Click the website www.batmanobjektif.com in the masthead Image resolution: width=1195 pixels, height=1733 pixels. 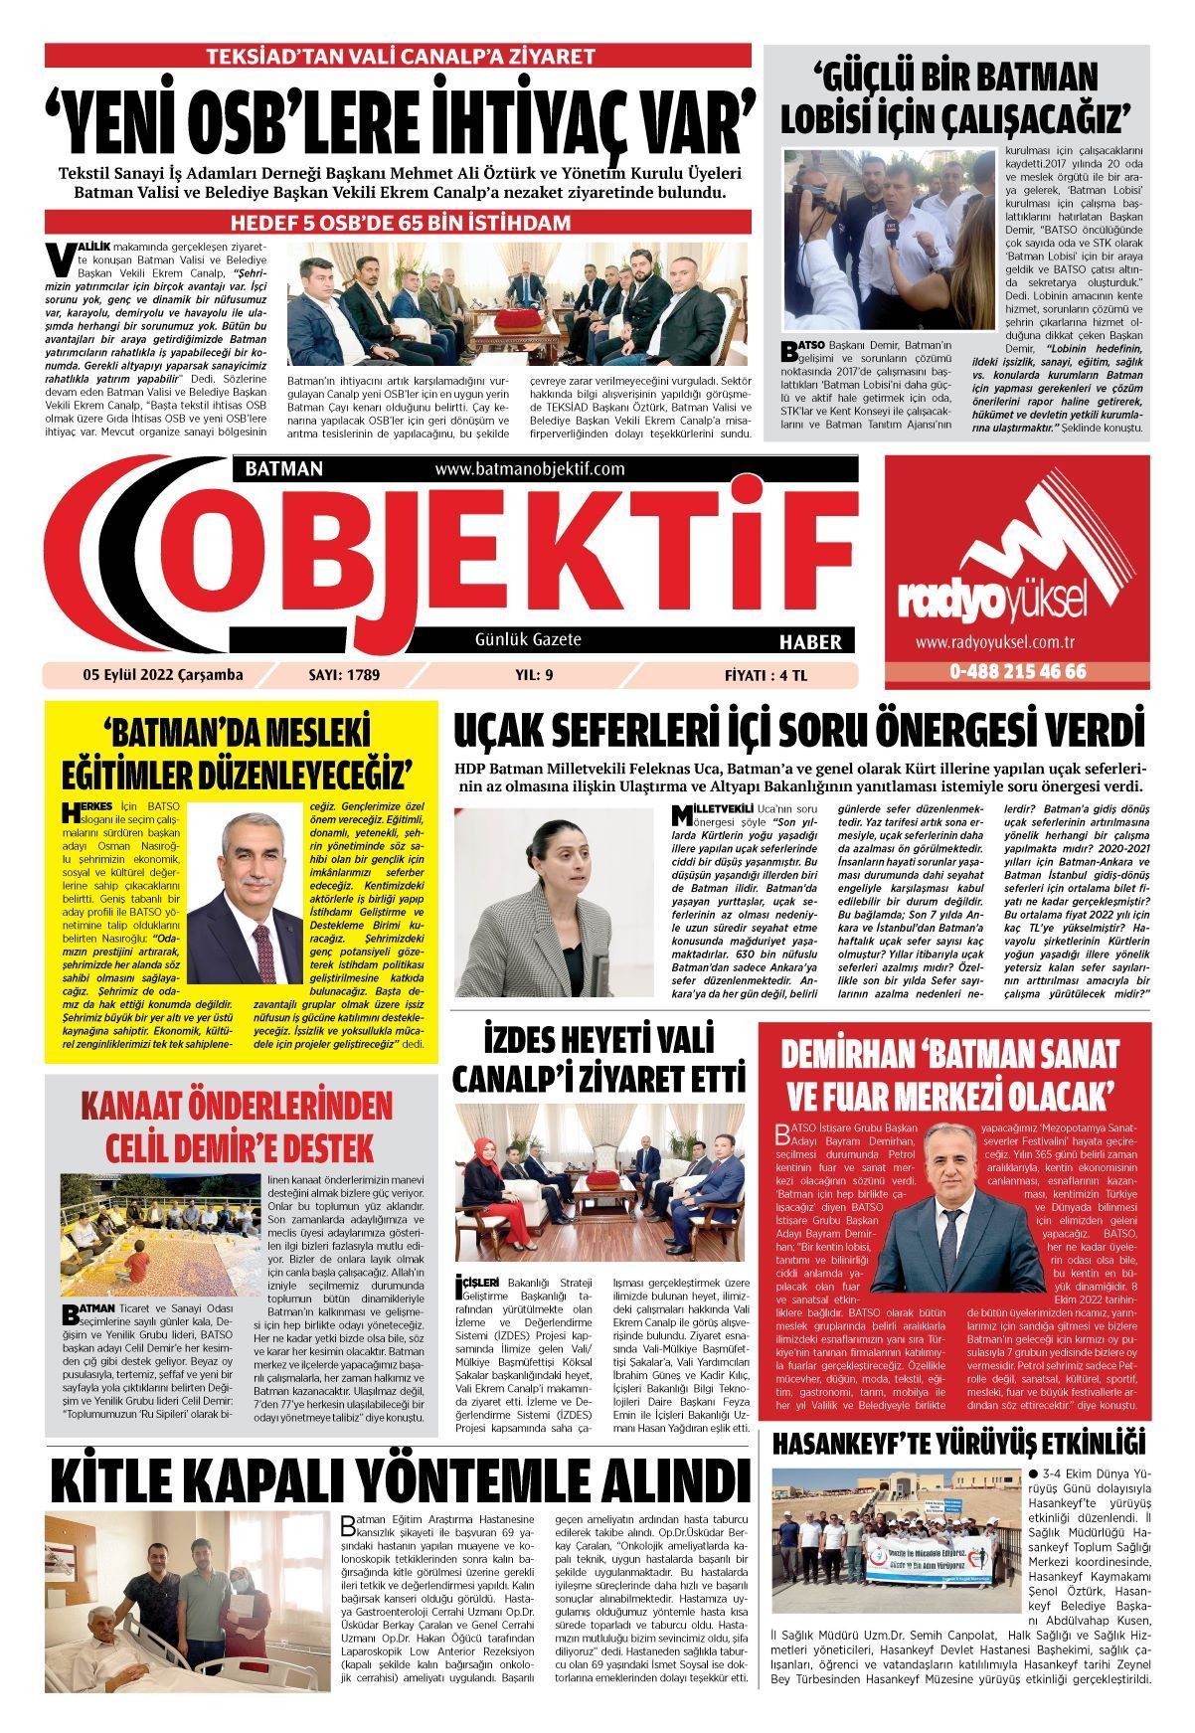coord(529,468)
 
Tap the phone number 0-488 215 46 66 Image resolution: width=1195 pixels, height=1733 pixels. coord(1018,671)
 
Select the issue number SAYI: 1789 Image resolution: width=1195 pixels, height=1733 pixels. coord(345,676)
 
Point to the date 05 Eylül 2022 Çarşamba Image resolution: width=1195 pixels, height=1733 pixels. coord(163,676)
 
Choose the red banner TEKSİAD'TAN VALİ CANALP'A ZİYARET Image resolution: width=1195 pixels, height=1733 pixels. coord(399,56)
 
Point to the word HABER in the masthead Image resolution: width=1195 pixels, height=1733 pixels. coord(810,641)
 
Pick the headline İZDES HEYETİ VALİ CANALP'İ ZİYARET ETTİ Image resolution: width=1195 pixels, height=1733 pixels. coord(598,1059)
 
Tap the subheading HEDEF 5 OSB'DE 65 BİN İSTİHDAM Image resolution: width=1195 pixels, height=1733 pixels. coord(399,221)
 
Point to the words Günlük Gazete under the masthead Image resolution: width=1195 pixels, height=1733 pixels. coord(528,639)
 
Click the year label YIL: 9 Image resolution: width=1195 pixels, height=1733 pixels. coord(535,676)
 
